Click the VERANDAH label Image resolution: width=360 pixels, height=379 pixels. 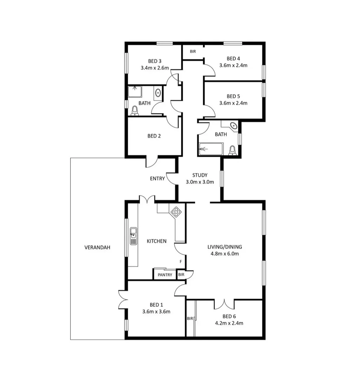click(97, 247)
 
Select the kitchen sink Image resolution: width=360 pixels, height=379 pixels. click(133, 236)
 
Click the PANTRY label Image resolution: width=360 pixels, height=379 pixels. click(165, 275)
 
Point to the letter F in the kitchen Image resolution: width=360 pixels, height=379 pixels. click(181, 262)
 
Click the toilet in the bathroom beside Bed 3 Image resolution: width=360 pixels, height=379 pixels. click(135, 111)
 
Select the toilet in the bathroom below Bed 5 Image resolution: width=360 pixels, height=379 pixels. click(232, 150)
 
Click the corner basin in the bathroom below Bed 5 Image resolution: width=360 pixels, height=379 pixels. click(233, 125)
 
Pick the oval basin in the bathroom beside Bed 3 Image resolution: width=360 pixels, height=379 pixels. click(158, 93)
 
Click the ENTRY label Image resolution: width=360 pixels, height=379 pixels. click(157, 179)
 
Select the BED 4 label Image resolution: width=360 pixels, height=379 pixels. click(233, 58)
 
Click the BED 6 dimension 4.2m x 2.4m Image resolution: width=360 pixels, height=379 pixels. click(229, 323)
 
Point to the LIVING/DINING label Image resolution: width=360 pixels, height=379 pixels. click(225, 247)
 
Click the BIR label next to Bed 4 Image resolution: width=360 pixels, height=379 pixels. click(193, 52)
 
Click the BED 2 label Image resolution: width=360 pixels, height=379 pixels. click(154, 136)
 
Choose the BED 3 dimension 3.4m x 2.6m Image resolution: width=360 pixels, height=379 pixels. click(155, 68)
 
